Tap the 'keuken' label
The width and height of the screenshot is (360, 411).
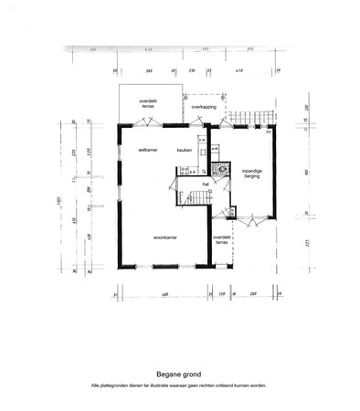(184, 149)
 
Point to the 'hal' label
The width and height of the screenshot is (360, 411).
(207, 184)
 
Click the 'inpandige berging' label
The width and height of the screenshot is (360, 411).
(251, 174)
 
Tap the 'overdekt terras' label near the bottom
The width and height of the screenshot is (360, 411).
(220, 239)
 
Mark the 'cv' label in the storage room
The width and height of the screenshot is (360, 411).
(268, 132)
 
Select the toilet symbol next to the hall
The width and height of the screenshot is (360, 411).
(221, 168)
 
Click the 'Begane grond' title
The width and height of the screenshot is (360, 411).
(179, 374)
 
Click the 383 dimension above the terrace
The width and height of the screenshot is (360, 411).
(149, 69)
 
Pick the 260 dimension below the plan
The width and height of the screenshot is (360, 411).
(252, 294)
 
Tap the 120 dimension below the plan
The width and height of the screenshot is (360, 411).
(221, 294)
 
